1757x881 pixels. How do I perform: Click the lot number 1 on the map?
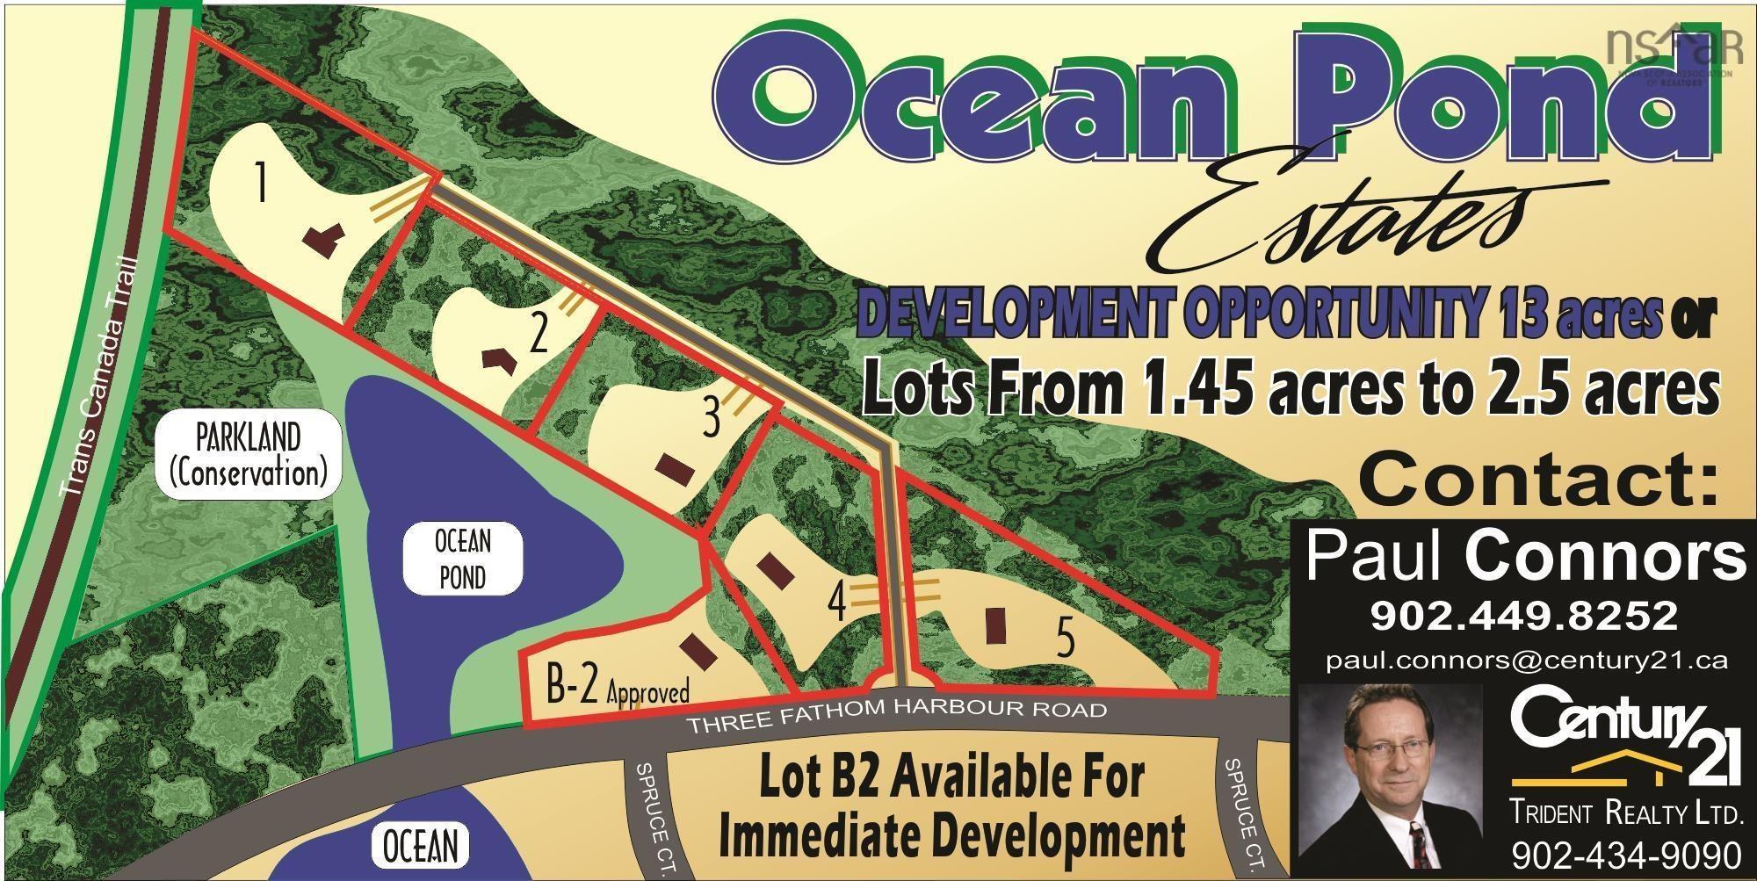[x=259, y=183]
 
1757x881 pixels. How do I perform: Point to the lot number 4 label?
[x=837, y=603]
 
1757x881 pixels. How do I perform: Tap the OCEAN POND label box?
[x=462, y=559]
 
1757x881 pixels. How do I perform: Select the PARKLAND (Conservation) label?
[x=249, y=455]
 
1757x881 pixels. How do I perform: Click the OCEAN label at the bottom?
[x=421, y=846]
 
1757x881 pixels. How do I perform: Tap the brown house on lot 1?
[x=322, y=240]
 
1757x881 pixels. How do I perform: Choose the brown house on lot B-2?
[x=700, y=652]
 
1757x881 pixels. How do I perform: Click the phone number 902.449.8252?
[x=1524, y=616]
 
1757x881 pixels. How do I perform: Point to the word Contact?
[x=1537, y=482]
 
